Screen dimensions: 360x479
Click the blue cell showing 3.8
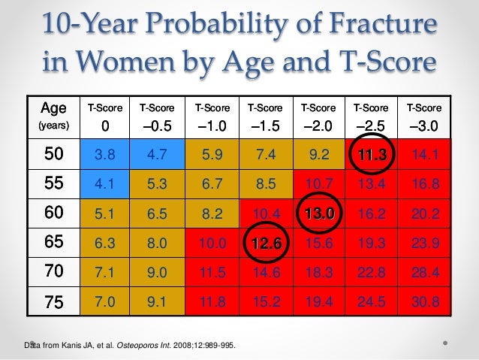pyautogui.click(x=105, y=155)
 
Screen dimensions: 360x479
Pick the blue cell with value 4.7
pyautogui.click(x=155, y=155)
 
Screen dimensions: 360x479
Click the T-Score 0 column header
pyautogui.click(x=105, y=116)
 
